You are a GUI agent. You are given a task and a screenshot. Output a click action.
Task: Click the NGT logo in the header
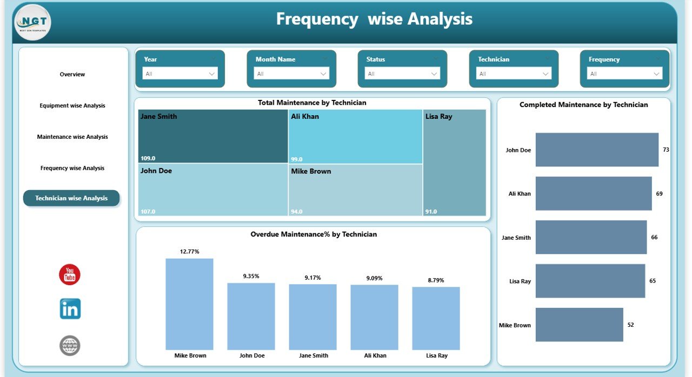pos(32,23)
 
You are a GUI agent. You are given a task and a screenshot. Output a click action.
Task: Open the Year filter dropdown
pos(179,74)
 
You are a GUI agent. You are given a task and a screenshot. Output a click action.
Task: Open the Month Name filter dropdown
pos(291,74)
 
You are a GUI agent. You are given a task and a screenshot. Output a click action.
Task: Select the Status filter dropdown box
pos(402,74)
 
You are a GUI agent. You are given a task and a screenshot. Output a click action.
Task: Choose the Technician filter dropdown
pos(514,74)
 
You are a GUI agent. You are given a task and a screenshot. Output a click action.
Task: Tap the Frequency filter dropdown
pos(624,74)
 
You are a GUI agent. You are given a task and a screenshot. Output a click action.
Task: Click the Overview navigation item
pos(72,75)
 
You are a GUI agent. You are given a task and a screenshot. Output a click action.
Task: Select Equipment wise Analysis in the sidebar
pos(72,106)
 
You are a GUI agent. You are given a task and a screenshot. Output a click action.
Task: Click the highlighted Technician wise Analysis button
pos(71,198)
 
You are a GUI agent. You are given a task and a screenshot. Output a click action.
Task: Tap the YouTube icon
pos(70,275)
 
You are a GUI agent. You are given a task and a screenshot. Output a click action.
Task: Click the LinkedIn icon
pos(70,309)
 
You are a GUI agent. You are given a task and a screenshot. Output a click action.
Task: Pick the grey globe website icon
pos(70,346)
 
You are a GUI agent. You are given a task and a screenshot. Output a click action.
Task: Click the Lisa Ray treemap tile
pos(454,163)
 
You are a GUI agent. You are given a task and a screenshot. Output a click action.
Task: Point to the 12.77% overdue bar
pos(189,304)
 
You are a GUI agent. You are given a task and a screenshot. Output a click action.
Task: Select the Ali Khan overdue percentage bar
pos(374,317)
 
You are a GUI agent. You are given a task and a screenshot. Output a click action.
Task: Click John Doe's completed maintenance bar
pos(597,150)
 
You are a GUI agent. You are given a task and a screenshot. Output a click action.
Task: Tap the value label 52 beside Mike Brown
pos(630,325)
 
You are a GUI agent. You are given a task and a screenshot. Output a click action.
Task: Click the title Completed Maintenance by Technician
pos(583,105)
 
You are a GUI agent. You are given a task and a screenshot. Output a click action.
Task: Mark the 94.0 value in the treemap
pos(297,212)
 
